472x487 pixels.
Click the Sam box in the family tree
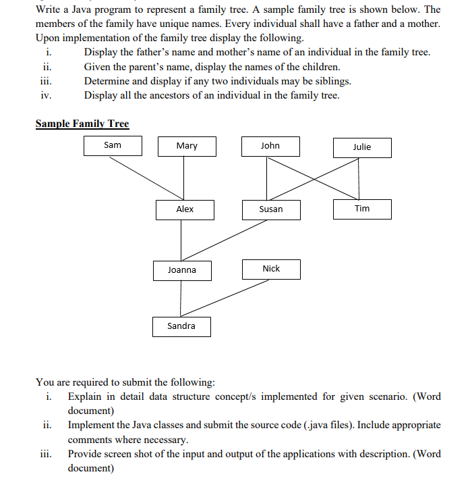coord(113,145)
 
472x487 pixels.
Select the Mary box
coord(186,146)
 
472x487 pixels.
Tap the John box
coord(270,146)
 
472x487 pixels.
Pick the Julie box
coord(362,147)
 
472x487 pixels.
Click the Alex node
coord(185,209)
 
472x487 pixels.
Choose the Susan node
coord(271,209)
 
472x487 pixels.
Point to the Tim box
coord(362,209)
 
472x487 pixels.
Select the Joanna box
coord(182,270)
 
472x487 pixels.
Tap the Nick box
coord(271,269)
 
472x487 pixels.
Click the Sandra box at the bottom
coord(181,326)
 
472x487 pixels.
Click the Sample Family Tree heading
coord(82,124)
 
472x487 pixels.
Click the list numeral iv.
coord(46,95)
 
